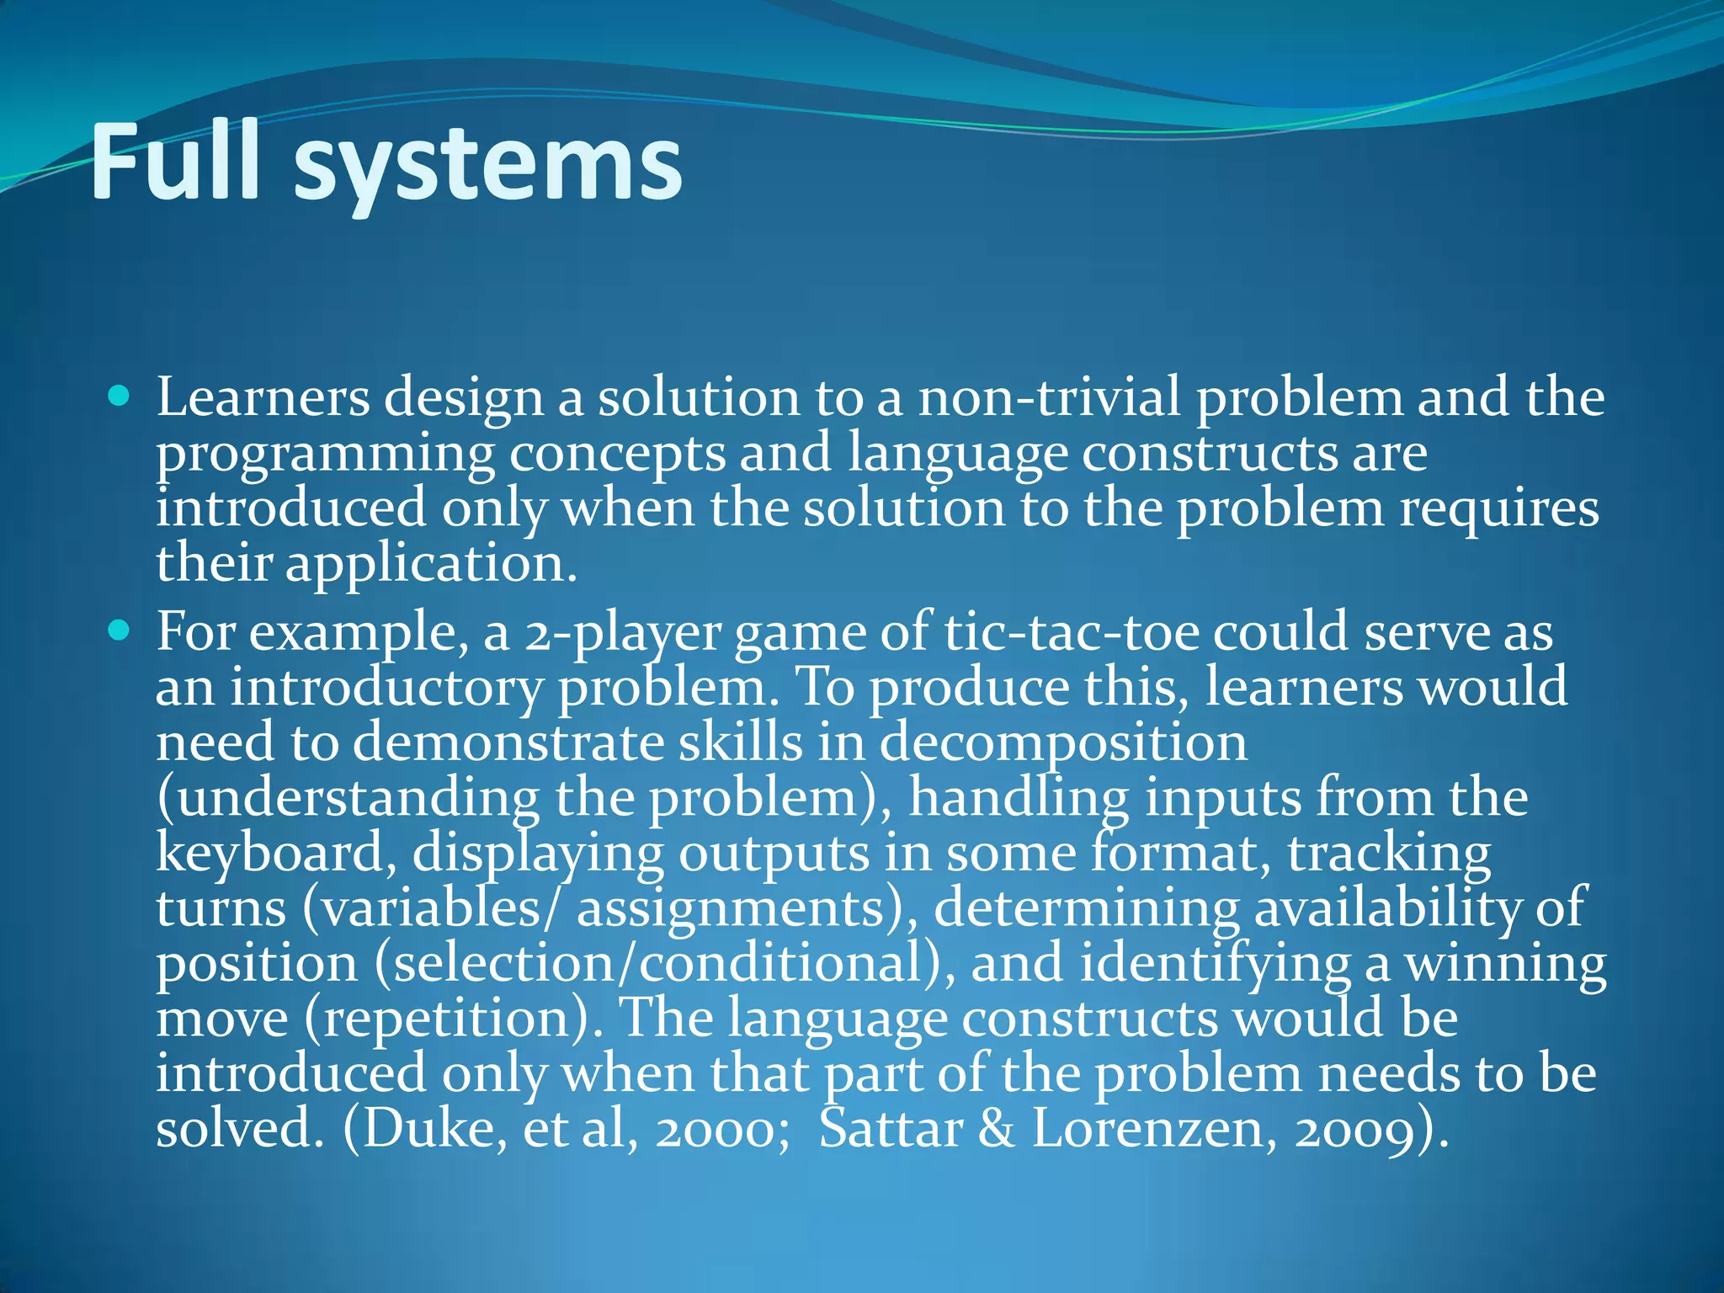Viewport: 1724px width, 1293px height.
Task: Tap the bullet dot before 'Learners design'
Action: pyautogui.click(x=120, y=395)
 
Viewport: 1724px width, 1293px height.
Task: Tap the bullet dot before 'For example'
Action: pyautogui.click(x=120, y=630)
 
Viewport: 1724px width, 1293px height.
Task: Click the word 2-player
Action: pyautogui.click(x=623, y=633)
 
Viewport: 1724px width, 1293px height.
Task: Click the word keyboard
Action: pyautogui.click(x=270, y=854)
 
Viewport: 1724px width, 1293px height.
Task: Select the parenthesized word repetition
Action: pyautogui.click(x=447, y=1019)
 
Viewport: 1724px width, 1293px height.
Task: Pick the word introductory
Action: pyautogui.click(x=386, y=688)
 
